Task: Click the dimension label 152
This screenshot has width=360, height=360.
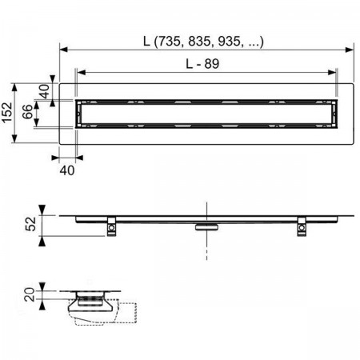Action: (x=7, y=113)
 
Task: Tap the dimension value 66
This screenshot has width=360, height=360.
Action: (x=28, y=112)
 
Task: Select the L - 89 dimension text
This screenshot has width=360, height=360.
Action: (x=202, y=64)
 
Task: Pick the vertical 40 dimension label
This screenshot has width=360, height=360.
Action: (x=44, y=91)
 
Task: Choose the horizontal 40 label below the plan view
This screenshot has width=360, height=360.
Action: (x=67, y=170)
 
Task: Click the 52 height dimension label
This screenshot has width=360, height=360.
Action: (x=30, y=224)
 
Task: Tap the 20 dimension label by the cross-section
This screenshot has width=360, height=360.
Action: (x=30, y=294)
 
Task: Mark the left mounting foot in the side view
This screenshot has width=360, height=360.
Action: (x=111, y=226)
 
